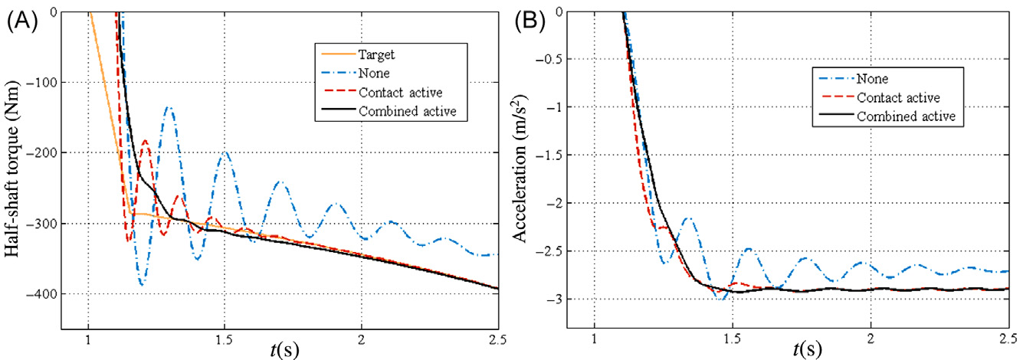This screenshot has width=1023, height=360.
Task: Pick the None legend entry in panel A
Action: (371, 73)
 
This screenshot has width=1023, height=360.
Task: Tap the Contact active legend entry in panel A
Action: (395, 92)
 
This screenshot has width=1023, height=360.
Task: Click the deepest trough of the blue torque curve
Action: (142, 284)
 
